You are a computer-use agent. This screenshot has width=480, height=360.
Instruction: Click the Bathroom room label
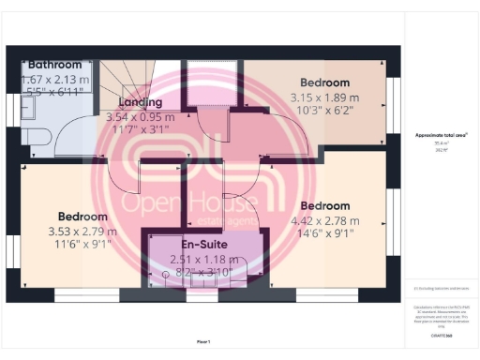pyautogui.click(x=54, y=65)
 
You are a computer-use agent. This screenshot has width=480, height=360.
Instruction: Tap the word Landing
pyautogui.click(x=141, y=102)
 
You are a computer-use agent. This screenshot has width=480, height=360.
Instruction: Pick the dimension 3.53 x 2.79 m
pyautogui.click(x=82, y=232)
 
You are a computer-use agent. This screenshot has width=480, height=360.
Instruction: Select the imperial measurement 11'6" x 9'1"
pyautogui.click(x=82, y=245)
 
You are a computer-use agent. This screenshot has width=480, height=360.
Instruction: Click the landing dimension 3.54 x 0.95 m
pyautogui.click(x=141, y=117)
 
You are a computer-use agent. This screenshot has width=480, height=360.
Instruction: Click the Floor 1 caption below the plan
pyautogui.click(x=203, y=341)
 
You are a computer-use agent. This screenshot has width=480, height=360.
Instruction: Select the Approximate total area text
pyautogui.click(x=442, y=136)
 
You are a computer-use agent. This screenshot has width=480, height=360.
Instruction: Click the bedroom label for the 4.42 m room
pyautogui.click(x=324, y=205)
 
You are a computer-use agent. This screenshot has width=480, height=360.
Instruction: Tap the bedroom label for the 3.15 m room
pyautogui.click(x=324, y=82)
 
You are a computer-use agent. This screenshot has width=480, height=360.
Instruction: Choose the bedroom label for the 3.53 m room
pyautogui.click(x=82, y=215)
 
